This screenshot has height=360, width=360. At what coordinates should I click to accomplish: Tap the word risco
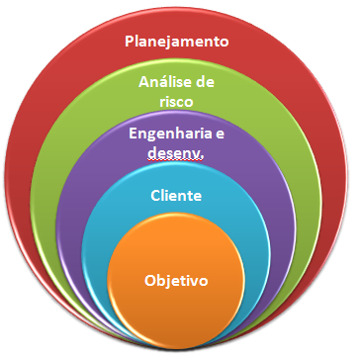[x=178, y=101]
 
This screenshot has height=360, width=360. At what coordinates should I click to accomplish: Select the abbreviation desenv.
[x=177, y=151]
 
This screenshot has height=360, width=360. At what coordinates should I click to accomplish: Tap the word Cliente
[x=178, y=196]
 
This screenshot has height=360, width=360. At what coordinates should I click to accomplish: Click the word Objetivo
[x=176, y=280]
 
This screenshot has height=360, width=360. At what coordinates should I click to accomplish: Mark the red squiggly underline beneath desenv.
[x=177, y=159]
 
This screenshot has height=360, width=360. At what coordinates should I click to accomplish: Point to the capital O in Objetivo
[x=149, y=280]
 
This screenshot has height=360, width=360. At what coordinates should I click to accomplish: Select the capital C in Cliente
[x=156, y=196]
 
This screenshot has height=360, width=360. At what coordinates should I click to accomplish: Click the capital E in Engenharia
[x=135, y=135]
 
